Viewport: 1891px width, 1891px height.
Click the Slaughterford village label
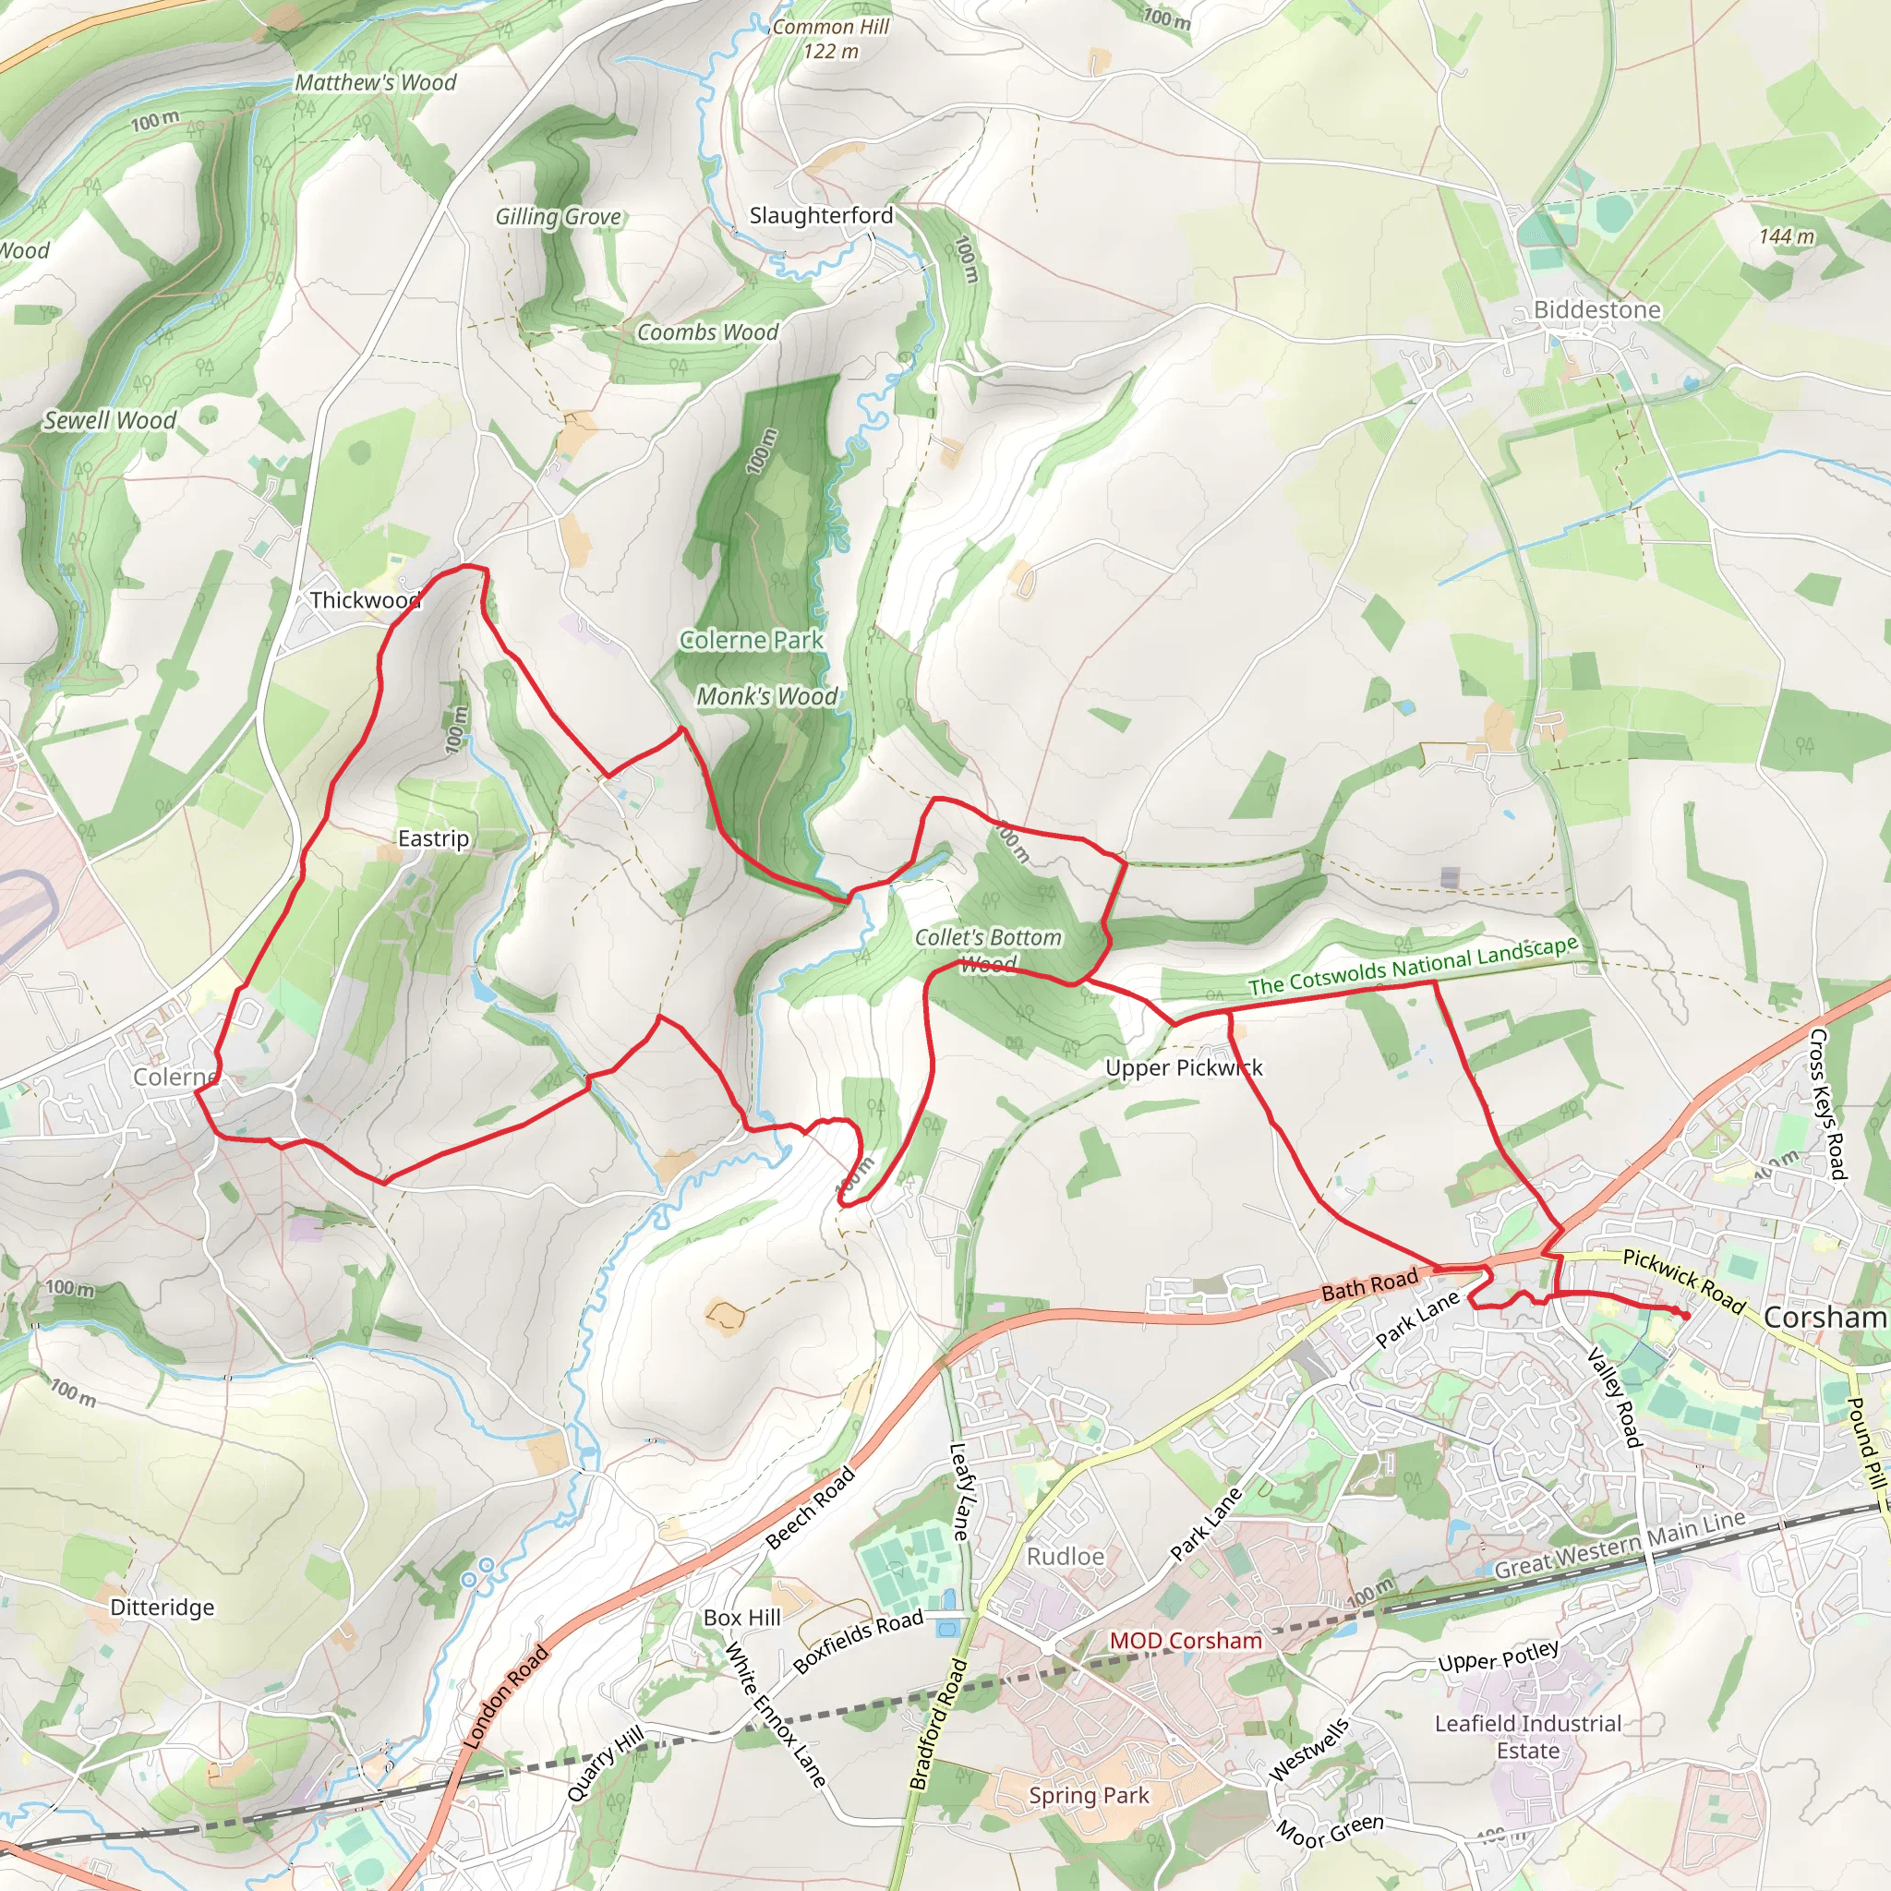coord(820,215)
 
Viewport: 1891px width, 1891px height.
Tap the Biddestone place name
coord(1596,309)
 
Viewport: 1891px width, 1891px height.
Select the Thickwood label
coord(364,600)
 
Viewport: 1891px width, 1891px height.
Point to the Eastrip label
coord(433,838)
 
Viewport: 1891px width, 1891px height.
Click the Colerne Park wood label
coord(751,640)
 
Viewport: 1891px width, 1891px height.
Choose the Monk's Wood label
coord(766,696)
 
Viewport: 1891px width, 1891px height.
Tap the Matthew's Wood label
coord(375,82)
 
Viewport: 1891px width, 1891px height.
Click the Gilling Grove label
coord(558,216)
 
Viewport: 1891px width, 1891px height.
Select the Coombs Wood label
coord(706,332)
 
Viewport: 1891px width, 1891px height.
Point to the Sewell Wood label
coord(110,421)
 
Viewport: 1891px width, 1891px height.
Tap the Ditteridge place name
coord(162,1608)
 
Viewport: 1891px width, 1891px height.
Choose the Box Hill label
coord(742,1618)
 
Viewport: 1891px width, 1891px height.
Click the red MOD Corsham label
coord(1186,1641)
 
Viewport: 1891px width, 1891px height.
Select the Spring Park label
coord(1089,1796)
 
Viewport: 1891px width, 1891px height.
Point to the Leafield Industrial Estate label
coord(1528,1737)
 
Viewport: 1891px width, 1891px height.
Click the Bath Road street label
coord(1369,1284)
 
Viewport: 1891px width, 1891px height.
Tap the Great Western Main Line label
coord(1619,1546)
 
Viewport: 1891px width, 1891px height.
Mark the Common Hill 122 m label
coord(830,39)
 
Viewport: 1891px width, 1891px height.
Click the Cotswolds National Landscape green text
coord(1413,966)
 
